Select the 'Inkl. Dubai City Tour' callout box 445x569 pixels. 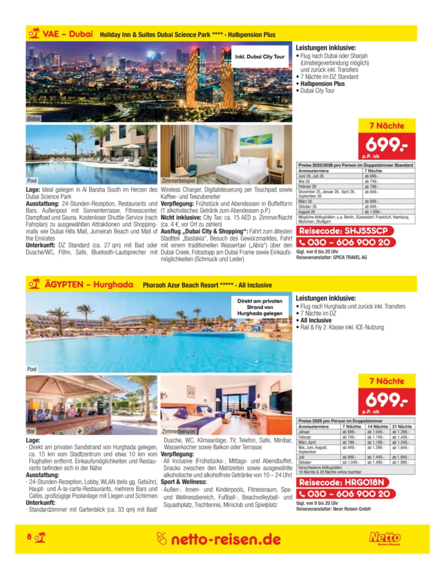(260, 57)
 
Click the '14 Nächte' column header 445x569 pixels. (378, 426)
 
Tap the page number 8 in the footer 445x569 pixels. (29, 537)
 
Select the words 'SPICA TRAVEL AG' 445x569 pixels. (350, 257)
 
